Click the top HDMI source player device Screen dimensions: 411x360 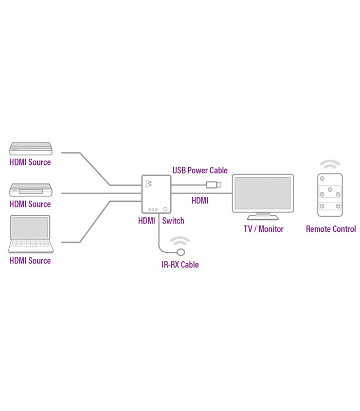pos(31,149)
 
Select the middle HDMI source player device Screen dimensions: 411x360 pos(31,191)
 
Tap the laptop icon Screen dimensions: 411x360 pos(30,234)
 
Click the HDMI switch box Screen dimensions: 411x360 pos(156,194)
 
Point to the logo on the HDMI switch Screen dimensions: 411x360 pos(150,184)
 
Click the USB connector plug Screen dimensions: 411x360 pos(213,184)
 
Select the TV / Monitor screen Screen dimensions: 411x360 pos(262,193)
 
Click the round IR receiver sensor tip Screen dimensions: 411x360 pos(181,252)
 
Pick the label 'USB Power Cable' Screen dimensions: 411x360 pos(200,171)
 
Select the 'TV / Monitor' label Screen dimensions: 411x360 pos(263,229)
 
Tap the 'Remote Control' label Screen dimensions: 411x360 pos(331,229)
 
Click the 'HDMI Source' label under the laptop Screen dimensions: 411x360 pos(30,260)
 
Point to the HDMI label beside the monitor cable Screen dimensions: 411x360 pos(200,201)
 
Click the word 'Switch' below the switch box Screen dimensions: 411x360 pos(173,221)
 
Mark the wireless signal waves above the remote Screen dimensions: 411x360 pos(330,165)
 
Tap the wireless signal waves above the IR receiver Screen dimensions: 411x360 pos(180,240)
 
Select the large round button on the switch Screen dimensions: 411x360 pos(165,209)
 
